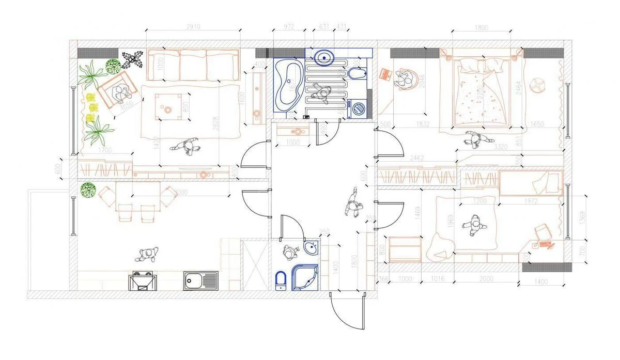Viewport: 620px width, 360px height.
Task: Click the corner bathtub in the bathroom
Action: [288, 85]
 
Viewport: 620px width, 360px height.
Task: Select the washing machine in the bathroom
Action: [358, 108]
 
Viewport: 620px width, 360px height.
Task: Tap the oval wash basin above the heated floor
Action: [324, 56]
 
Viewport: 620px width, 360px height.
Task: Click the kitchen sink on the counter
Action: [200, 280]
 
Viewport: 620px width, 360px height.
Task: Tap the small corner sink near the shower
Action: [311, 249]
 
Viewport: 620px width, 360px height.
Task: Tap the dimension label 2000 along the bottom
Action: [487, 278]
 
